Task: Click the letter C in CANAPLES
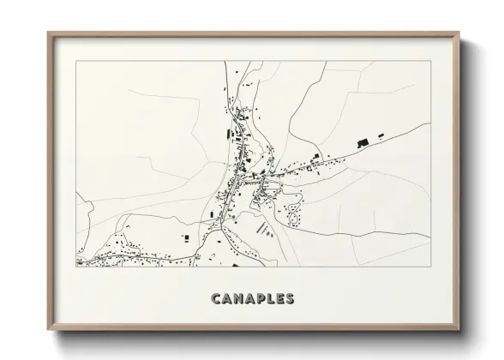pos(214,299)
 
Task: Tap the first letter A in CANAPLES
pos(226,299)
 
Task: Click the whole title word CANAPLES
pos(253,299)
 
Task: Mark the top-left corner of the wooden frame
pos(48,33)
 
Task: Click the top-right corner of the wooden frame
pos(460,33)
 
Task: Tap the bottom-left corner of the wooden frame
pos(48,330)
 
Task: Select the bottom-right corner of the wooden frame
pos(460,330)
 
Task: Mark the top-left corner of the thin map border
pos(76,61)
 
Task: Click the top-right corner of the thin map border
pos(431,61)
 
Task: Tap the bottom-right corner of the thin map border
pos(431,267)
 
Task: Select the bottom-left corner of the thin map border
pos(76,267)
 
